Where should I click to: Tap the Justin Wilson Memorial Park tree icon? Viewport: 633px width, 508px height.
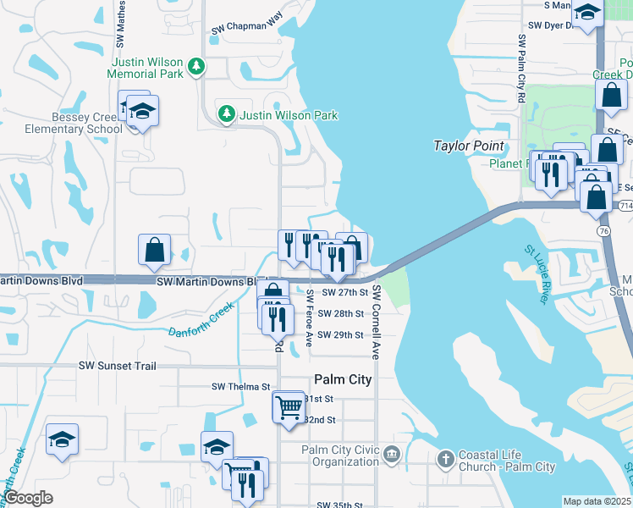coord(196,65)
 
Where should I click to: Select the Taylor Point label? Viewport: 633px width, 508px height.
coord(468,146)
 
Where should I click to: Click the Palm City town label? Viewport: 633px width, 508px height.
coord(343,379)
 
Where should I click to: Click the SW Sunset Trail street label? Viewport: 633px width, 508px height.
coord(118,366)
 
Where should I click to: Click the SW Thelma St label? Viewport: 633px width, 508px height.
coord(240,387)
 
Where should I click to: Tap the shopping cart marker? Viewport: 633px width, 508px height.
coord(288,406)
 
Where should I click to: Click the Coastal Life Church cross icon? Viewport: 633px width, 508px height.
coord(446,459)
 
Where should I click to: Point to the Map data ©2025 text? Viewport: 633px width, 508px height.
coord(597,501)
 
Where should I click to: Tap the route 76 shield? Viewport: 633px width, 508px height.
coord(603,231)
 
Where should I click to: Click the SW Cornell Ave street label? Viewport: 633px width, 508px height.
coord(377,323)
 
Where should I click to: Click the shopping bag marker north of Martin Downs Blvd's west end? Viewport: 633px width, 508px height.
coord(154,250)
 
